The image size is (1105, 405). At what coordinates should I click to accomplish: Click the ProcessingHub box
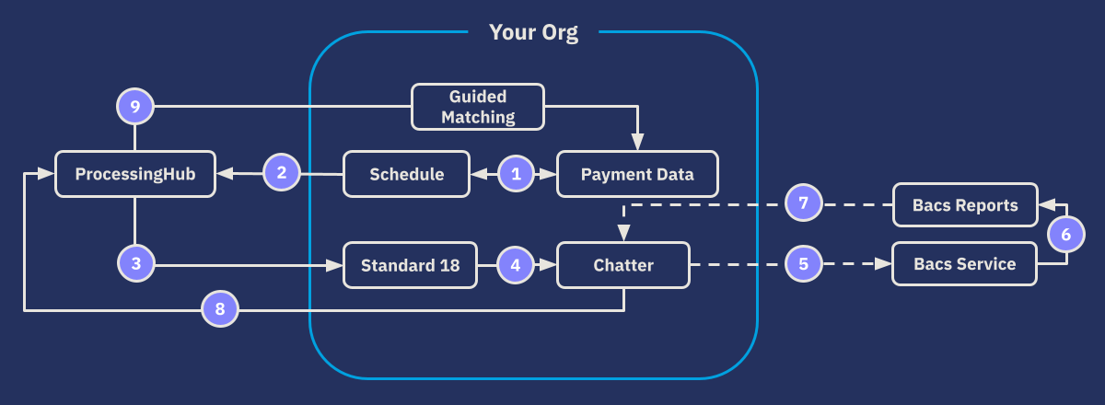pos(135,174)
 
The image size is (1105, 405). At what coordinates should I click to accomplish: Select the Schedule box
pos(406,174)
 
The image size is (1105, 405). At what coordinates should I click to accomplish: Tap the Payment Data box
pos(637,174)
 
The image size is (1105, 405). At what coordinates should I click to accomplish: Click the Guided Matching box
pos(477,107)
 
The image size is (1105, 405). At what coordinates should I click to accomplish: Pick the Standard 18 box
pos(410,265)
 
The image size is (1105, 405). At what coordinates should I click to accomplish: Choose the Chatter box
pos(623,265)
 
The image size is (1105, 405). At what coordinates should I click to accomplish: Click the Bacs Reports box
pos(965,204)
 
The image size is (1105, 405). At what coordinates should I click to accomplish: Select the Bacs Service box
pos(965,264)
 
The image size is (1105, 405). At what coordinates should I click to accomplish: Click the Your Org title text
pos(533,33)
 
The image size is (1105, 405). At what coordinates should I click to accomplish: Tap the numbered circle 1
pos(516,173)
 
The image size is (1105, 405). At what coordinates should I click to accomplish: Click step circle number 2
pos(282,172)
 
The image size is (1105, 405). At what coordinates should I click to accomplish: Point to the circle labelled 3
pos(135,264)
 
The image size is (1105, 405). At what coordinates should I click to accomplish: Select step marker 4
pos(516,265)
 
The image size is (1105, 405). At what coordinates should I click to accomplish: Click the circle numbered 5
pos(803,264)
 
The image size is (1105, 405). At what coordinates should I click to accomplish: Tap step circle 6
pos(1066,234)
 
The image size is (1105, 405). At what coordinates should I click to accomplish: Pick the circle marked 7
pos(803,203)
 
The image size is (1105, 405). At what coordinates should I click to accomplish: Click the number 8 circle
pos(220,310)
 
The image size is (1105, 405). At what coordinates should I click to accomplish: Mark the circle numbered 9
pos(135,107)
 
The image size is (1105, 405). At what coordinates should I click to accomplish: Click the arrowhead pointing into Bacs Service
pos(885,264)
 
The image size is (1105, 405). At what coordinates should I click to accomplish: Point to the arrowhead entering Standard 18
pos(335,265)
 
